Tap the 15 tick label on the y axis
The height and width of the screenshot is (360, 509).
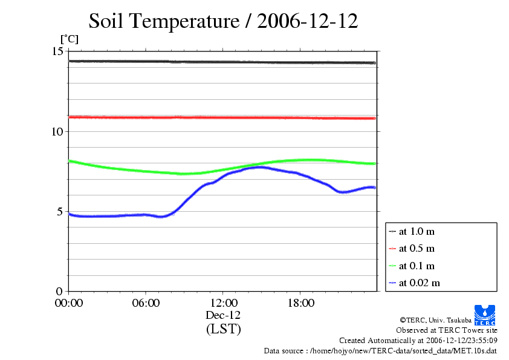point(57,51)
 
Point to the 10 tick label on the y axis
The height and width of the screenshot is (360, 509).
point(57,131)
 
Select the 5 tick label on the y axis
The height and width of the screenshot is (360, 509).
point(60,211)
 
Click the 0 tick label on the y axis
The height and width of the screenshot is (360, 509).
point(60,291)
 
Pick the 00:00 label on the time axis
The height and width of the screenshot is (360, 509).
point(69,303)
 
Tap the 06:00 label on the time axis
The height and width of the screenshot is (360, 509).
point(146,303)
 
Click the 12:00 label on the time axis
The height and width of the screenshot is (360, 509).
point(224,303)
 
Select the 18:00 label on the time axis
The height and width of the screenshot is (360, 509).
point(301,303)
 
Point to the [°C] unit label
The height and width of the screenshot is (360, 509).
point(69,39)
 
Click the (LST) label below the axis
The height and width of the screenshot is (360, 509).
point(224,329)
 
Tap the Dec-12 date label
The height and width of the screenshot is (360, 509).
point(224,315)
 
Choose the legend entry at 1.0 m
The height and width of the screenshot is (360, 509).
point(417,231)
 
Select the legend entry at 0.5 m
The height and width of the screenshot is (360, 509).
point(417,248)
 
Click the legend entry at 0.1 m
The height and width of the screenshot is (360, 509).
point(417,266)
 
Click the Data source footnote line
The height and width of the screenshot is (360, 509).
point(380,350)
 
